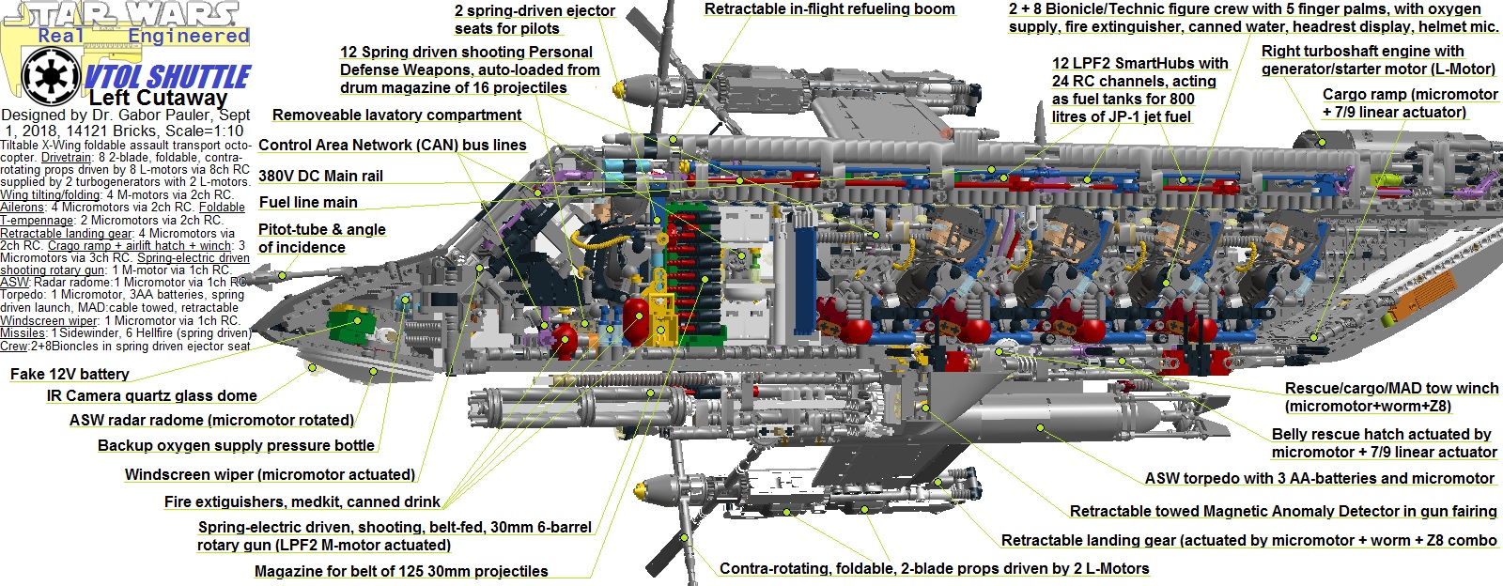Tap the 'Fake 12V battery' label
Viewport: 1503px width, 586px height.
[x=70, y=374]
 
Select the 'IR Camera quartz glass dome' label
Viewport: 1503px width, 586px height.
[x=151, y=396]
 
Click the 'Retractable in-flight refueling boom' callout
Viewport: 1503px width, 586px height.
[x=829, y=9]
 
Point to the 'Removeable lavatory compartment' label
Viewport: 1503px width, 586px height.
[x=396, y=116]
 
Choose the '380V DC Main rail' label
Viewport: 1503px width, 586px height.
[x=320, y=176]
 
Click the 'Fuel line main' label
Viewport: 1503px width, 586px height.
[x=308, y=202]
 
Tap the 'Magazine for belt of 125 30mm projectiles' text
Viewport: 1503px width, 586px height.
[x=401, y=571]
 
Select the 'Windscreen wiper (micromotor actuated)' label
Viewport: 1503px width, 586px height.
[x=270, y=474]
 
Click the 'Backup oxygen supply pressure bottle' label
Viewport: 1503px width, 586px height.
[x=236, y=445]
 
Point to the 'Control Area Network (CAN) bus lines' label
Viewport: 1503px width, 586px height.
[x=392, y=145]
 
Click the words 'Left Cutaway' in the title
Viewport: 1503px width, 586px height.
[x=158, y=98]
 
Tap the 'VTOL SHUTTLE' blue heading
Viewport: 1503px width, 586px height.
[x=167, y=76]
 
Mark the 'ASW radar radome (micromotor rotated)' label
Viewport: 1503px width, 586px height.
[x=211, y=420]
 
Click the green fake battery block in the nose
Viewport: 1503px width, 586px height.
[x=349, y=328]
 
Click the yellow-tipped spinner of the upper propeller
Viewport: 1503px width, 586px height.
[x=622, y=88]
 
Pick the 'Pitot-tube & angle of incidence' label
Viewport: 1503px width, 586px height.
[x=321, y=239]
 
